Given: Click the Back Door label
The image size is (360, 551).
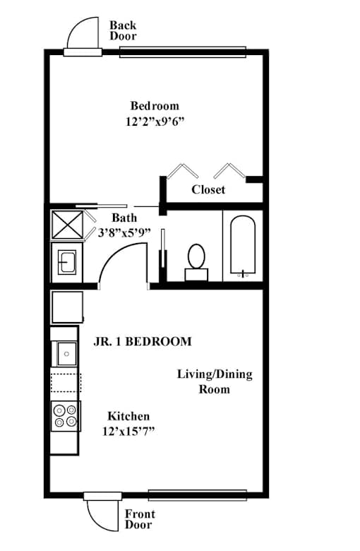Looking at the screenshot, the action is [x=123, y=30].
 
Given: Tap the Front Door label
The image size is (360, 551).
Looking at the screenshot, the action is [x=140, y=519].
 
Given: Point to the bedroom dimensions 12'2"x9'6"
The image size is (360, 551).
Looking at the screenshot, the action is [x=155, y=122].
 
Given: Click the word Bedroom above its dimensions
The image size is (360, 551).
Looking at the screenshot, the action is [x=155, y=105].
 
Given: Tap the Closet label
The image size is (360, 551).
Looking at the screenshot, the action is [x=208, y=190].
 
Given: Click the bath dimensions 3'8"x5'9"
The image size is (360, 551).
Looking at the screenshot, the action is [x=124, y=232].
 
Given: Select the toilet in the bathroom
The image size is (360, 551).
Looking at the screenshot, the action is [x=196, y=262].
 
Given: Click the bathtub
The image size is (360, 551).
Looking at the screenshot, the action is [x=243, y=245].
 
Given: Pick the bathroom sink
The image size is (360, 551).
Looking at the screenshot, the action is [x=67, y=261].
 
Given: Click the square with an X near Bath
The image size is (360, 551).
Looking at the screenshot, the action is [x=68, y=225].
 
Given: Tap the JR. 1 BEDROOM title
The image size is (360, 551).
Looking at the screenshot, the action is [x=143, y=342].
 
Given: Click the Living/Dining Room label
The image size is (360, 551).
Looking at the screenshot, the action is [x=215, y=381].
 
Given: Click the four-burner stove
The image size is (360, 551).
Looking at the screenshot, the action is [x=66, y=416].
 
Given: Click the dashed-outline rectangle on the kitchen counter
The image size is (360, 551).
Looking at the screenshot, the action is [x=66, y=383].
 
